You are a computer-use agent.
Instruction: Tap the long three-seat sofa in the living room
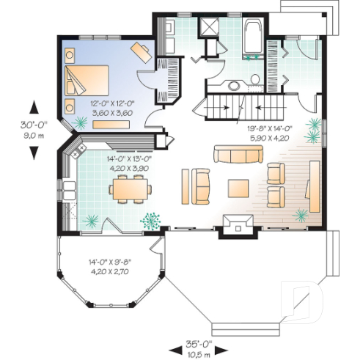[238, 154]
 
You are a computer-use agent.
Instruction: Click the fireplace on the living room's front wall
[236, 223]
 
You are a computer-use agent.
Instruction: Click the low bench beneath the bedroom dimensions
[111, 125]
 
